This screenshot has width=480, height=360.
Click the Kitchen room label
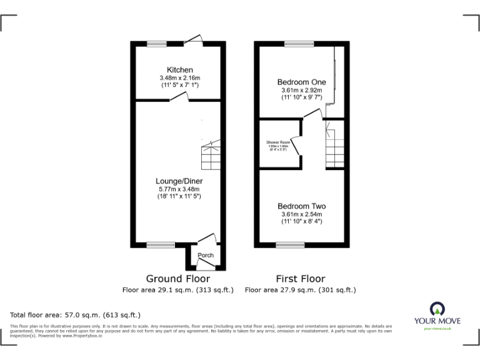179,69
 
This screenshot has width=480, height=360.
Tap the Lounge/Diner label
179,181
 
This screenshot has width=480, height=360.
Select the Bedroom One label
301,82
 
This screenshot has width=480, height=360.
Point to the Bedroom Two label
301,206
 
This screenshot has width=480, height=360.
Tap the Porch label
206,256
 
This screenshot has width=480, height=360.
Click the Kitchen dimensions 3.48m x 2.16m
179,77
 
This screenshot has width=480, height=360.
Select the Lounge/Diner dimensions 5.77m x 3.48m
179,189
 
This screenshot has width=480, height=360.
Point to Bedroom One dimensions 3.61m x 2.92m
301,90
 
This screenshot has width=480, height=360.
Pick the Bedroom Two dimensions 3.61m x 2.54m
301,214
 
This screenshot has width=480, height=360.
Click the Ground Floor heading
178,279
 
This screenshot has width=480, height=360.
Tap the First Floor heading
301,279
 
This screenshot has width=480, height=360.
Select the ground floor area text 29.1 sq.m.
178,290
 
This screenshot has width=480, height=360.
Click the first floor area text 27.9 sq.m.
301,290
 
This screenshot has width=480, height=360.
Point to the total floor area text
76,315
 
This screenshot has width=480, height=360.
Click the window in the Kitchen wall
157,43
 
